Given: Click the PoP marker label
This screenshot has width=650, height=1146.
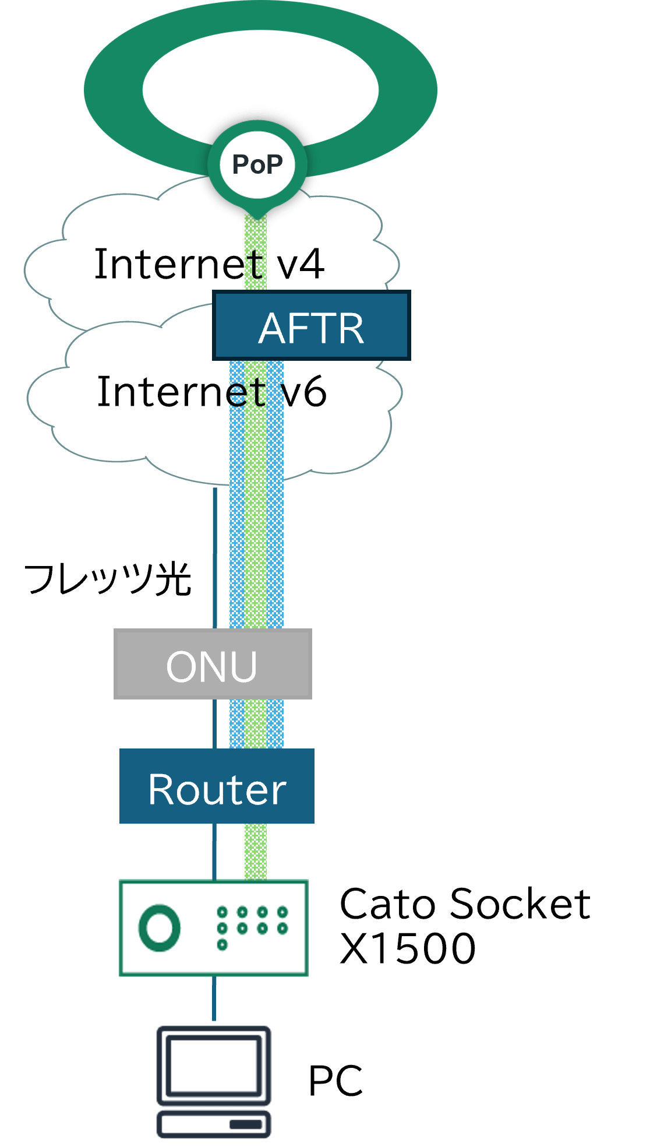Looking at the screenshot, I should click(x=257, y=164).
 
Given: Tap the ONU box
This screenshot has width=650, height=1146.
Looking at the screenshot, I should click(x=213, y=665).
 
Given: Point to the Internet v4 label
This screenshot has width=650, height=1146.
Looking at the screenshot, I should click(x=209, y=264).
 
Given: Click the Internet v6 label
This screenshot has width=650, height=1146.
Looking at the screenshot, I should click(x=211, y=392).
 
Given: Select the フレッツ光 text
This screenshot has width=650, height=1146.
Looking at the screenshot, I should click(x=108, y=579).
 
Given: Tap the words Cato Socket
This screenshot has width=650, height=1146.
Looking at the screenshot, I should click(x=464, y=904).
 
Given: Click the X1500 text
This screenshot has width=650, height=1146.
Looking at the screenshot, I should click(x=407, y=948).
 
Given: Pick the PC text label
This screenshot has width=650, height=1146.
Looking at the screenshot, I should click(x=335, y=1081).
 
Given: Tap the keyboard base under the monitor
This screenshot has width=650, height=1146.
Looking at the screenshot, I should click(x=214, y=1123).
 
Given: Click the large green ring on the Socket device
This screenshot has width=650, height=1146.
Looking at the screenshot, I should click(x=159, y=927).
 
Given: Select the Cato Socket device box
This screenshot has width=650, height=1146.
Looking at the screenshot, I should click(x=213, y=927).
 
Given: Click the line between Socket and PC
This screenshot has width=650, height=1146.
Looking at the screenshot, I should click(x=214, y=1000).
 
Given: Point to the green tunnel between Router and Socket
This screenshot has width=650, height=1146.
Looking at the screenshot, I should click(x=256, y=852).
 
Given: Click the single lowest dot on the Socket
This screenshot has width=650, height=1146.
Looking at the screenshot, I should click(x=222, y=944).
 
